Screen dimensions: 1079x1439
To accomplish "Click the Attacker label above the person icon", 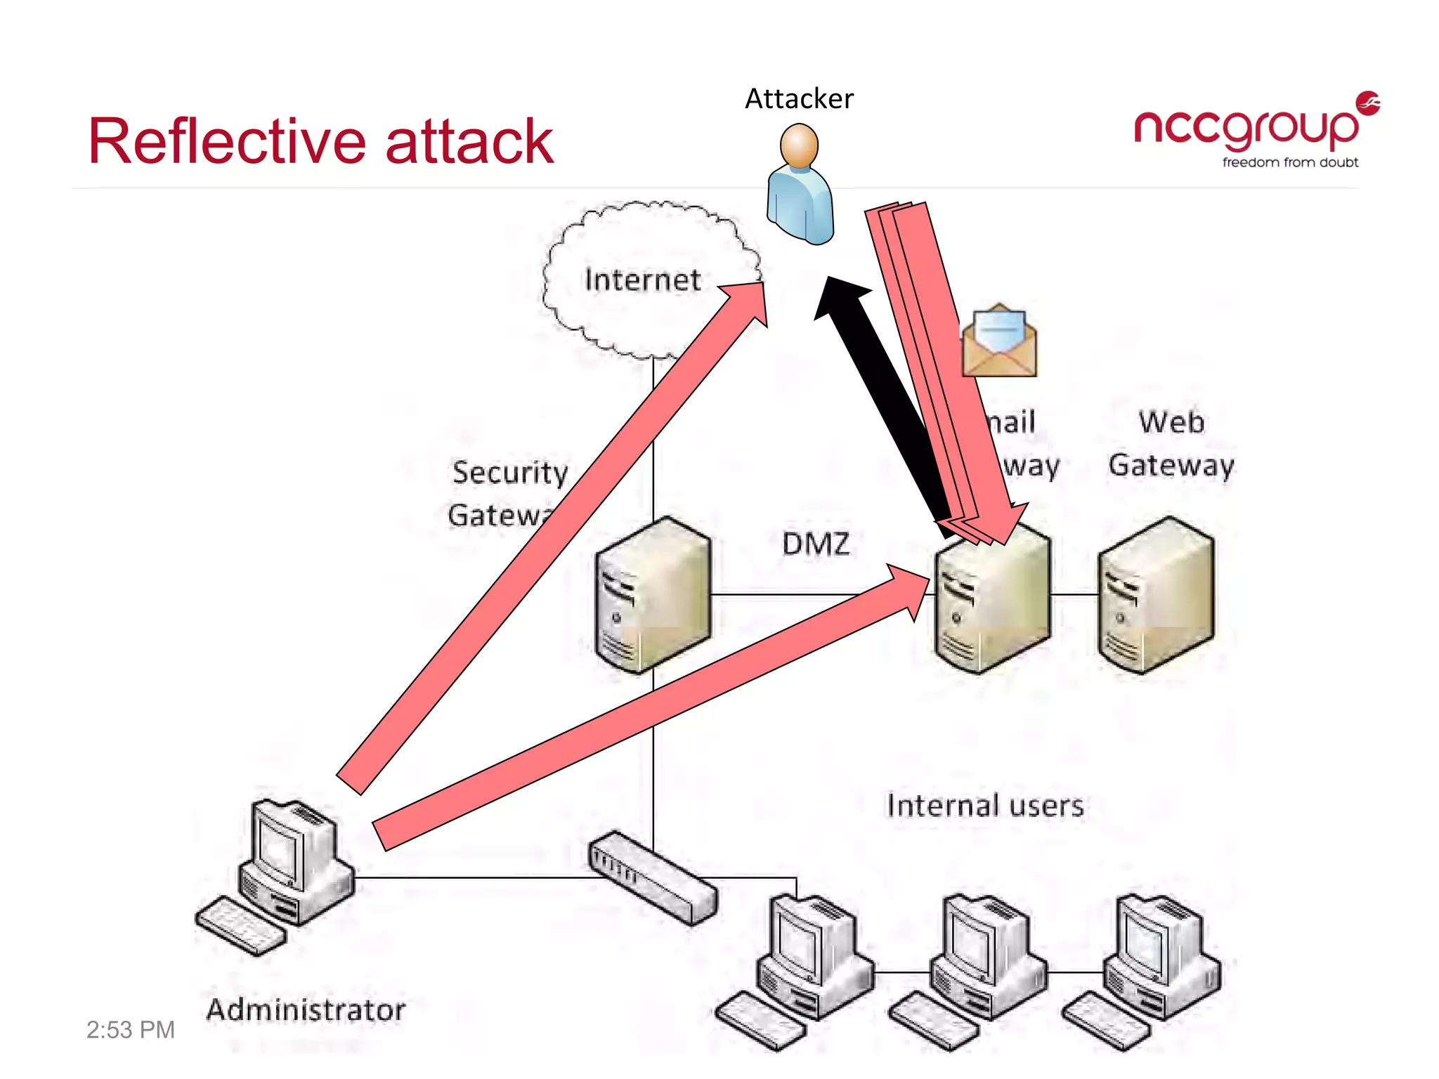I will coord(799,99).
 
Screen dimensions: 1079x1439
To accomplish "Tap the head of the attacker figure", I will coord(799,145).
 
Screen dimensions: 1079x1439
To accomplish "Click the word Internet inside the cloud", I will coord(642,280).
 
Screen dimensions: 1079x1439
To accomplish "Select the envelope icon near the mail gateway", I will coord(999,341).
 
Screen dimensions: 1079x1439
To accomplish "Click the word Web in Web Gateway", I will coord(1171,422).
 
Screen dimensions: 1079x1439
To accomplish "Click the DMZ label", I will coord(815,544).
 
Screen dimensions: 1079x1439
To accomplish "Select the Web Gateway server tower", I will coord(1156,595).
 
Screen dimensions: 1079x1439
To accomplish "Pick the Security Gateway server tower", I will coord(652,595).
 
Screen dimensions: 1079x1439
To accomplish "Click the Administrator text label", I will coord(306,1010).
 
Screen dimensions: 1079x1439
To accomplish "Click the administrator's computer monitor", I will coord(280,846).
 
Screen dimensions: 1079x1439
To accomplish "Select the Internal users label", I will coord(985,806).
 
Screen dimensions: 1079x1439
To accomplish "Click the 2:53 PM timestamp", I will coord(130,1030).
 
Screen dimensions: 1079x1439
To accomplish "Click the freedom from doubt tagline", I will coord(1290,163).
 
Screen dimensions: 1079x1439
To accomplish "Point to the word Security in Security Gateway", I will coord(510,473).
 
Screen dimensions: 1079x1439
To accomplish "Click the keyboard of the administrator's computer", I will coord(240,925).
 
